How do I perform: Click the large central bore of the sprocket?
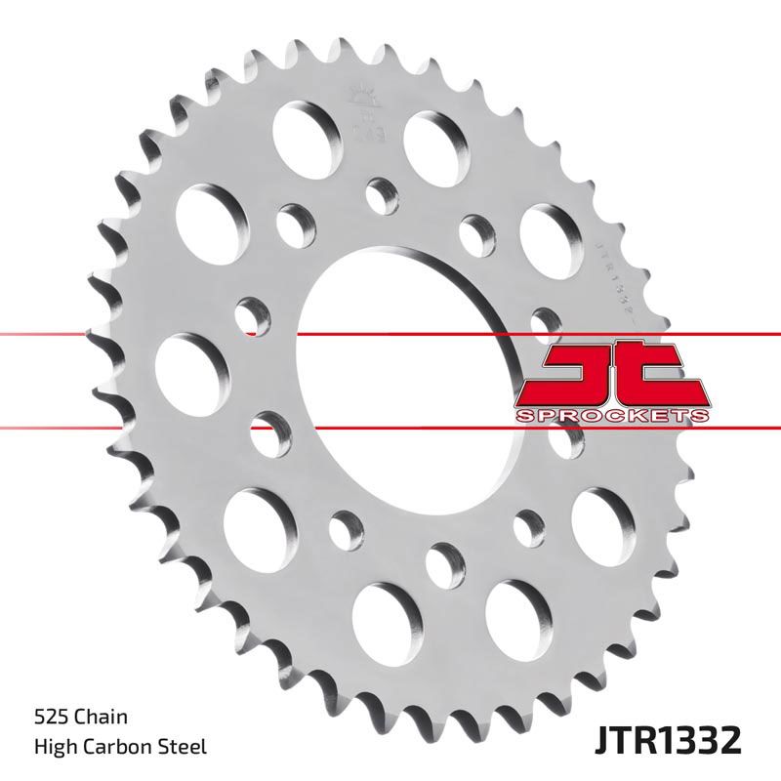(405, 381)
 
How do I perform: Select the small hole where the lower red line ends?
(266, 424)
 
